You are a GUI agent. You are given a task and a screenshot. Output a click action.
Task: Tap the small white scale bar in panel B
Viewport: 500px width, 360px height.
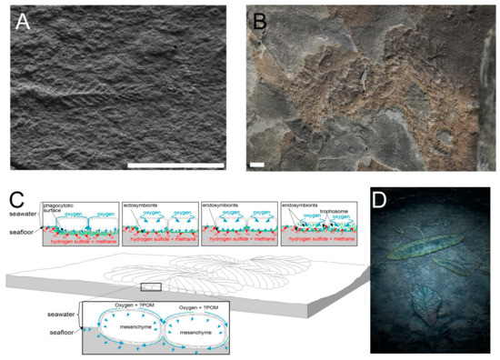(x=257, y=165)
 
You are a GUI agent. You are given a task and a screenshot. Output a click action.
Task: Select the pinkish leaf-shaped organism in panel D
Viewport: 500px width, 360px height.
(x=425, y=304)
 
